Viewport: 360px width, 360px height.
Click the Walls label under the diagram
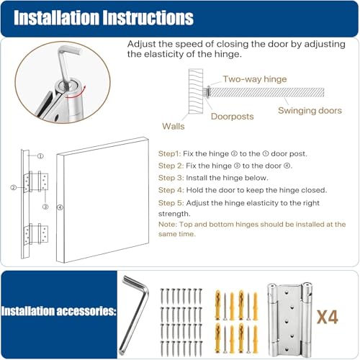pyautogui.click(x=173, y=126)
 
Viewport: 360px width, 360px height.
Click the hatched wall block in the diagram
pyautogui.click(x=195, y=91)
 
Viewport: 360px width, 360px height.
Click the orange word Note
pyautogui.click(x=166, y=225)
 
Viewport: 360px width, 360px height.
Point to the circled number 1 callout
pyautogui.click(x=41, y=156)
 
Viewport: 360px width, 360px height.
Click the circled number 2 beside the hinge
pyautogui.click(x=13, y=188)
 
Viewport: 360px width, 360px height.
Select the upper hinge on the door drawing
pyautogui.click(x=37, y=182)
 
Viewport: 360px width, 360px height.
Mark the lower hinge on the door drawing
pyautogui.click(x=37, y=234)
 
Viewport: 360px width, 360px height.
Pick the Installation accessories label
pyautogui.click(x=59, y=312)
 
